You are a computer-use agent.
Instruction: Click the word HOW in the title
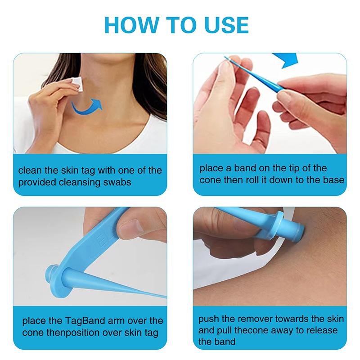coord(132,25)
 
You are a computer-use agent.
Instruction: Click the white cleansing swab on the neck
coord(77,84)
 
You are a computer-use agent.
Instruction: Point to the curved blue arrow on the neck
coord(87,106)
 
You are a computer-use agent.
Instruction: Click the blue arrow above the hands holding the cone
coord(287,60)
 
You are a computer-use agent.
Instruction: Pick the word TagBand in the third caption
coord(85,321)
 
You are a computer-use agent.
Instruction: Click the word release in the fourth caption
coord(322,330)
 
